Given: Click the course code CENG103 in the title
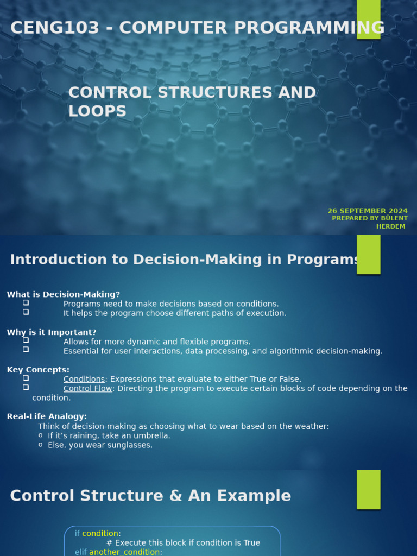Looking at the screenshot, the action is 55,28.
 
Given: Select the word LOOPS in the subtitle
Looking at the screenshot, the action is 98,111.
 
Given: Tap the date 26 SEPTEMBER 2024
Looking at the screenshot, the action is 368,211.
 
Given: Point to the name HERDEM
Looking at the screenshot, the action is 390,226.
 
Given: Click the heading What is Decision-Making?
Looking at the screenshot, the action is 64,294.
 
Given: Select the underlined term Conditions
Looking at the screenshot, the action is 84,379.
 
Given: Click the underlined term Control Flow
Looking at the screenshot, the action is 87,388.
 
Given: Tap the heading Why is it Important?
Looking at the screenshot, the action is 52,332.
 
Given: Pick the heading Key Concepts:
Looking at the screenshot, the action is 38,369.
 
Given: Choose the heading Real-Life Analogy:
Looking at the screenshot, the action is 47,416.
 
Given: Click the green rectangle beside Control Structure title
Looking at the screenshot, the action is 369,490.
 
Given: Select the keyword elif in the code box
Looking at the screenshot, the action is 80,552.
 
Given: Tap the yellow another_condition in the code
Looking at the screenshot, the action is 124,552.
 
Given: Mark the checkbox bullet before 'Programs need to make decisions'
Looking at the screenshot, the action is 26,303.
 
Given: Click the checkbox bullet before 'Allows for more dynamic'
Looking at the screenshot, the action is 26,340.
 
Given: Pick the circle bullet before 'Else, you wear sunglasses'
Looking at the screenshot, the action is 40,445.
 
